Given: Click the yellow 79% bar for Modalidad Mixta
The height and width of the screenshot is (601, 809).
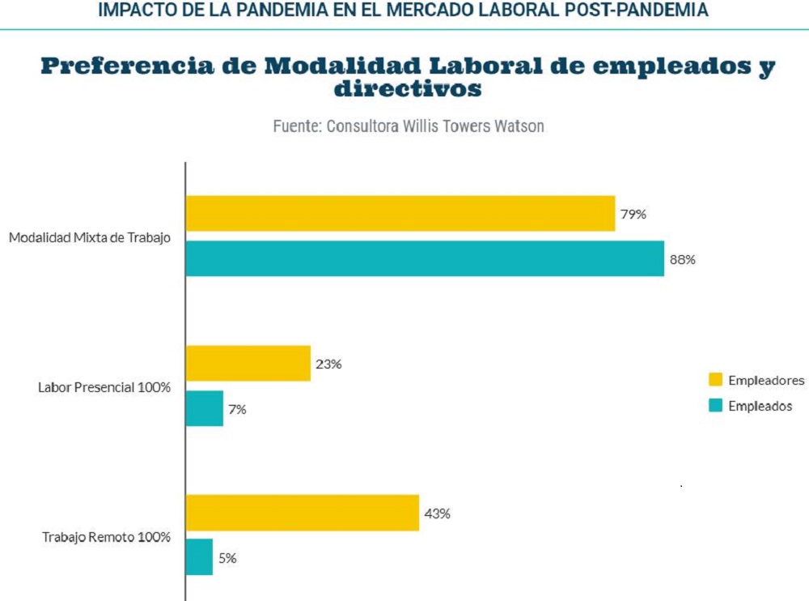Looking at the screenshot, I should (400, 214).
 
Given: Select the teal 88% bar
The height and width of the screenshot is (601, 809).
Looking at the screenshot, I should (425, 259).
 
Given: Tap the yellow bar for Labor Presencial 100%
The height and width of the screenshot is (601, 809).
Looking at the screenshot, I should (248, 364).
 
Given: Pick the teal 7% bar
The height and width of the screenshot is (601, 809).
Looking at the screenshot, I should (205, 408).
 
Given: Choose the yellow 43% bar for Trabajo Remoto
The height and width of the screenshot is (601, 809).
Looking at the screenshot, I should (303, 513).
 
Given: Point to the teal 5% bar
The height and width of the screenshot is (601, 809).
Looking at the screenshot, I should (200, 557).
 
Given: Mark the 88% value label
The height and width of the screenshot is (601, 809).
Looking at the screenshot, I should (683, 260).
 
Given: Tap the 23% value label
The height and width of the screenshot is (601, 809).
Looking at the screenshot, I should (328, 364).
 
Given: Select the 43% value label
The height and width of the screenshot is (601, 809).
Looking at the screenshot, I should (437, 514).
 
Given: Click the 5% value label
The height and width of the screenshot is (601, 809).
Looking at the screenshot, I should (227, 558).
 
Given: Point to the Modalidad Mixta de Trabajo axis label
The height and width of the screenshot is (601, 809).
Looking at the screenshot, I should (90, 238).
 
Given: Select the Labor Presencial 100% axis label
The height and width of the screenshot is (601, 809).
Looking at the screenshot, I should (104, 387).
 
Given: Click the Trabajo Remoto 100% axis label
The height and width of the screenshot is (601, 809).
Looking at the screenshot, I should (107, 536).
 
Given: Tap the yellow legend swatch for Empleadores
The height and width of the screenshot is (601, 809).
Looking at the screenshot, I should (715, 380).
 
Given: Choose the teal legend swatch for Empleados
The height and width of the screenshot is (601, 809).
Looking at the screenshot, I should (715, 406).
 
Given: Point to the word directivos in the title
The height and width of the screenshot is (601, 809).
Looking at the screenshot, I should (408, 89).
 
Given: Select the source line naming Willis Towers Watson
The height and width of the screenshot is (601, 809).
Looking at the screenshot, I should (408, 126).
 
